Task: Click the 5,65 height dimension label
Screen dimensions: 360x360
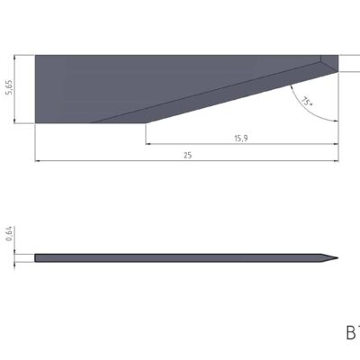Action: tap(8, 88)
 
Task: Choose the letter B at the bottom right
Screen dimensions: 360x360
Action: tap(351, 333)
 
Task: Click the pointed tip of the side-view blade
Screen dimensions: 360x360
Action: tap(337, 260)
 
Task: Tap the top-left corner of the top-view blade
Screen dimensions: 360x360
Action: tap(36, 55)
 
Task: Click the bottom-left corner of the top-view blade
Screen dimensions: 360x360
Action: tap(36, 122)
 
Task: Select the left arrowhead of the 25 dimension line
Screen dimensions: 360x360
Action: tap(39, 162)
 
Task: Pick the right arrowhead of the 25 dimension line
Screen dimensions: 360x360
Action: tap(336, 162)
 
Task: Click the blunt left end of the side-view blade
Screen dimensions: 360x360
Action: tap(36, 259)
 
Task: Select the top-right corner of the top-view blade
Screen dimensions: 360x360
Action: tap(338, 55)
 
